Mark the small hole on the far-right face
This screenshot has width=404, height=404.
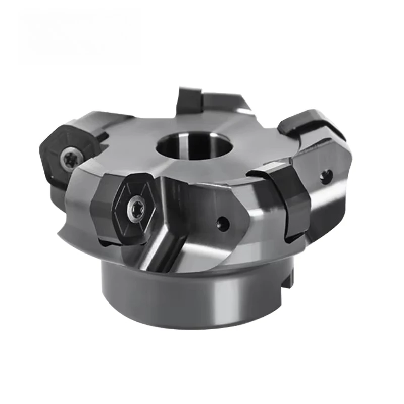click(326, 175)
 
